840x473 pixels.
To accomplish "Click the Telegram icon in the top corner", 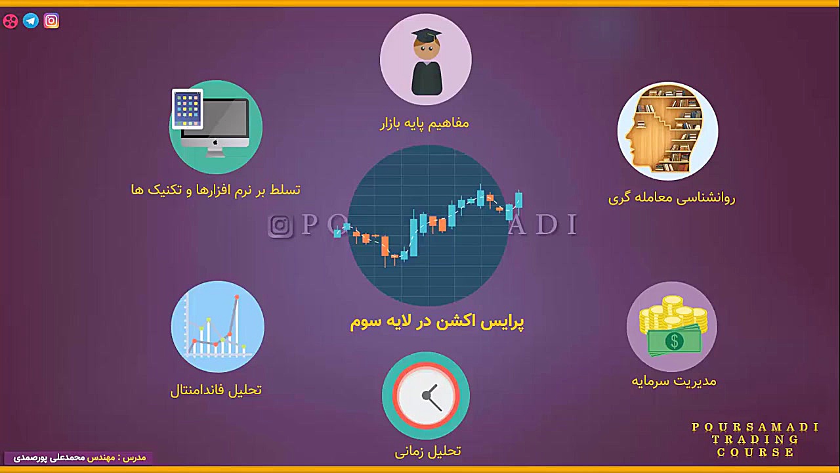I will pyautogui.click(x=31, y=21).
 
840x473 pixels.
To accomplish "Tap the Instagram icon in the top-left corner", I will pyautogui.click(x=51, y=21).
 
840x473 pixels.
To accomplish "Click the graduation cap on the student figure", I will pyautogui.click(x=427, y=34).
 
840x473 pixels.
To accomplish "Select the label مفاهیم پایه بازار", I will pyautogui.click(x=425, y=123).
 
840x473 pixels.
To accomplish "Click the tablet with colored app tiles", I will pyautogui.click(x=188, y=108).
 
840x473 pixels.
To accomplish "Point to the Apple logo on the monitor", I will pyautogui.click(x=215, y=142).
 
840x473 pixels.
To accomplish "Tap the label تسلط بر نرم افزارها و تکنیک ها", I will pyautogui.click(x=216, y=190).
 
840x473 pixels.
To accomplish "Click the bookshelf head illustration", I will pyautogui.click(x=667, y=131).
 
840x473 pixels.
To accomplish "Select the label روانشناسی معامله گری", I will pyautogui.click(x=671, y=198).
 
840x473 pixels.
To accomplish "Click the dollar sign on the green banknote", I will pyautogui.click(x=674, y=340).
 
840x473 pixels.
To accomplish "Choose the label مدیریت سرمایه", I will pyautogui.click(x=674, y=381).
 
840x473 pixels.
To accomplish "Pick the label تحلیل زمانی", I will pyautogui.click(x=428, y=451).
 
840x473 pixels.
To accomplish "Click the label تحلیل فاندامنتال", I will pyautogui.click(x=216, y=390).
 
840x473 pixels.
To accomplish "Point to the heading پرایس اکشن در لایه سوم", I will pyautogui.click(x=436, y=321).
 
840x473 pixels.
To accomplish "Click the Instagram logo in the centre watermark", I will pyautogui.click(x=280, y=225).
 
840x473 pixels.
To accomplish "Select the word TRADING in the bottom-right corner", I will pyautogui.click(x=755, y=439).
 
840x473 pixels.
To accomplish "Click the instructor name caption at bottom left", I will pyautogui.click(x=79, y=457).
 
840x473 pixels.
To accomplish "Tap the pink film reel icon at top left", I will pyautogui.click(x=10, y=21).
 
